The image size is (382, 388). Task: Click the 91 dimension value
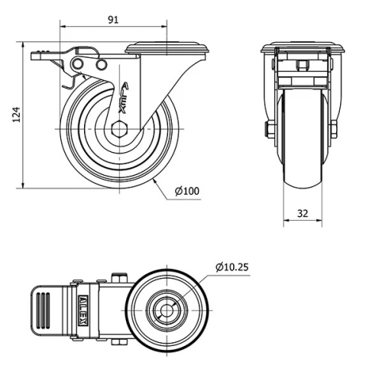pos(112,21)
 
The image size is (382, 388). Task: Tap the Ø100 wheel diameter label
pos(186,191)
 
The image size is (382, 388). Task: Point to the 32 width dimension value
pos(303,214)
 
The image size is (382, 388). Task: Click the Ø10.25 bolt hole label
pos(232,267)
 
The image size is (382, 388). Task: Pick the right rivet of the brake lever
pos(99,67)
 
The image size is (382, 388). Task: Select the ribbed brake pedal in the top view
pos(45,311)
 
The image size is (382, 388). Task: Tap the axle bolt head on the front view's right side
pos(333,129)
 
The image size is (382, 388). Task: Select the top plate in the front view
pos(302,48)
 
